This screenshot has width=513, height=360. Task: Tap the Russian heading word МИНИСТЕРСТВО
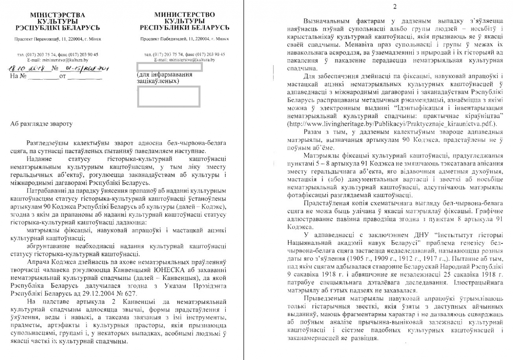click(x=184, y=14)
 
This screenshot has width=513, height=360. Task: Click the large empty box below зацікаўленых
click(x=168, y=96)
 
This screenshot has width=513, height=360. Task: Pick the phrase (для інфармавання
click(x=164, y=75)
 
